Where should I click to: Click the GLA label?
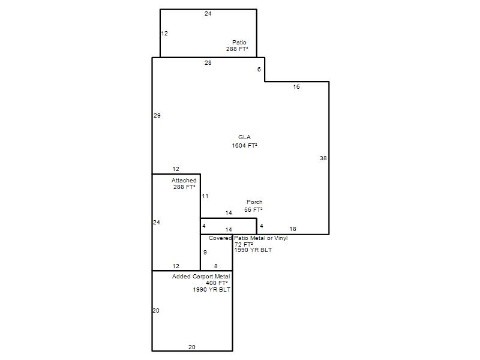[244, 137]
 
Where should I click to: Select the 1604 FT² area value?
[244, 145]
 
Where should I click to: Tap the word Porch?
[254, 202]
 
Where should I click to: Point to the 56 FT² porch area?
[253, 209]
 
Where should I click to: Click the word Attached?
[184, 181]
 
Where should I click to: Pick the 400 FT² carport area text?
[217, 283]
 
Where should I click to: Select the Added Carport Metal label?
[201, 277]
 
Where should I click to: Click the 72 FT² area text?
[244, 244]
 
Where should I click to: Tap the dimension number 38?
[323, 158]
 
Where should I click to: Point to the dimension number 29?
[157, 115]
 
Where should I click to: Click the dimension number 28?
[208, 63]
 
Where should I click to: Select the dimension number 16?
[296, 86]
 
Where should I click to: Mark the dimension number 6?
[259, 70]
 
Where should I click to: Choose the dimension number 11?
[205, 196]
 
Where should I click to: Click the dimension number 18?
[293, 229]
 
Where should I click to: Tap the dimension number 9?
[205, 252]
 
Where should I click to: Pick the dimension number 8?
[216, 266]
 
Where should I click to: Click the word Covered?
[220, 238]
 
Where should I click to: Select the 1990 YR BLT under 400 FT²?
[212, 289]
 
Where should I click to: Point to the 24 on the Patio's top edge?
[208, 13]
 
